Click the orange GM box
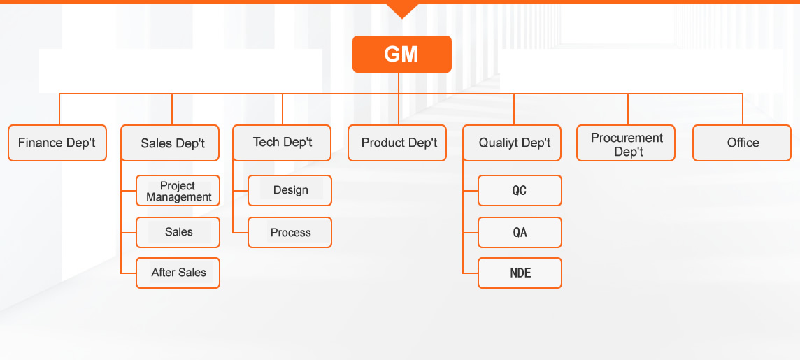[x=401, y=54]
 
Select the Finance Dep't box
[x=57, y=143]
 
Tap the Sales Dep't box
[x=170, y=143]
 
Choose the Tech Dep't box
[x=282, y=143]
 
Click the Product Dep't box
[x=397, y=143]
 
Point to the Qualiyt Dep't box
[x=513, y=143]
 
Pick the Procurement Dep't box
[x=626, y=143]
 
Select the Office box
[x=742, y=143]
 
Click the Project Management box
[x=178, y=191]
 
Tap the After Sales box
[x=178, y=273]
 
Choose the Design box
[x=290, y=191]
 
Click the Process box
[x=290, y=233]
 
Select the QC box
[x=520, y=191]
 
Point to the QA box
[x=520, y=233]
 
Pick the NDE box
[x=520, y=273]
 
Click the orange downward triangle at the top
[x=402, y=10]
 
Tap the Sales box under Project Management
[x=178, y=233]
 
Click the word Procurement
[x=627, y=138]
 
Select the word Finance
[x=41, y=143]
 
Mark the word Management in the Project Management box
[x=179, y=197]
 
